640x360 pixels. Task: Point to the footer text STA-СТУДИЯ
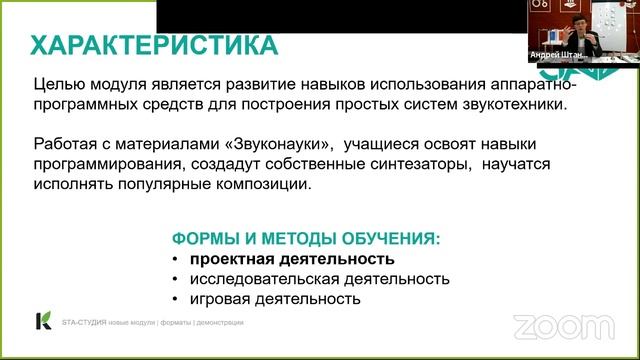(84, 322)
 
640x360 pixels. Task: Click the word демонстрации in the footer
(216, 322)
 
